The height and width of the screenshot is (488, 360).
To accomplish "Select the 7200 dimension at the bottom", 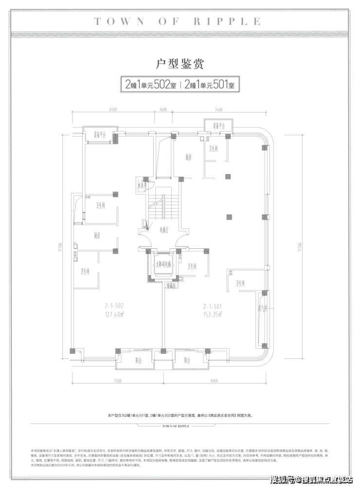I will point(116,382).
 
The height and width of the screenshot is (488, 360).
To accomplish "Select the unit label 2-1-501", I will point(212,307).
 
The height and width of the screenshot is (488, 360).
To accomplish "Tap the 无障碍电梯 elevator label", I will point(163,265).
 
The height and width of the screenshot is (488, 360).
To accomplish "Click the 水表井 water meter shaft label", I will point(142,186).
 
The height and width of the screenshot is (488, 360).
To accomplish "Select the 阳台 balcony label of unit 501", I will point(188,360).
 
